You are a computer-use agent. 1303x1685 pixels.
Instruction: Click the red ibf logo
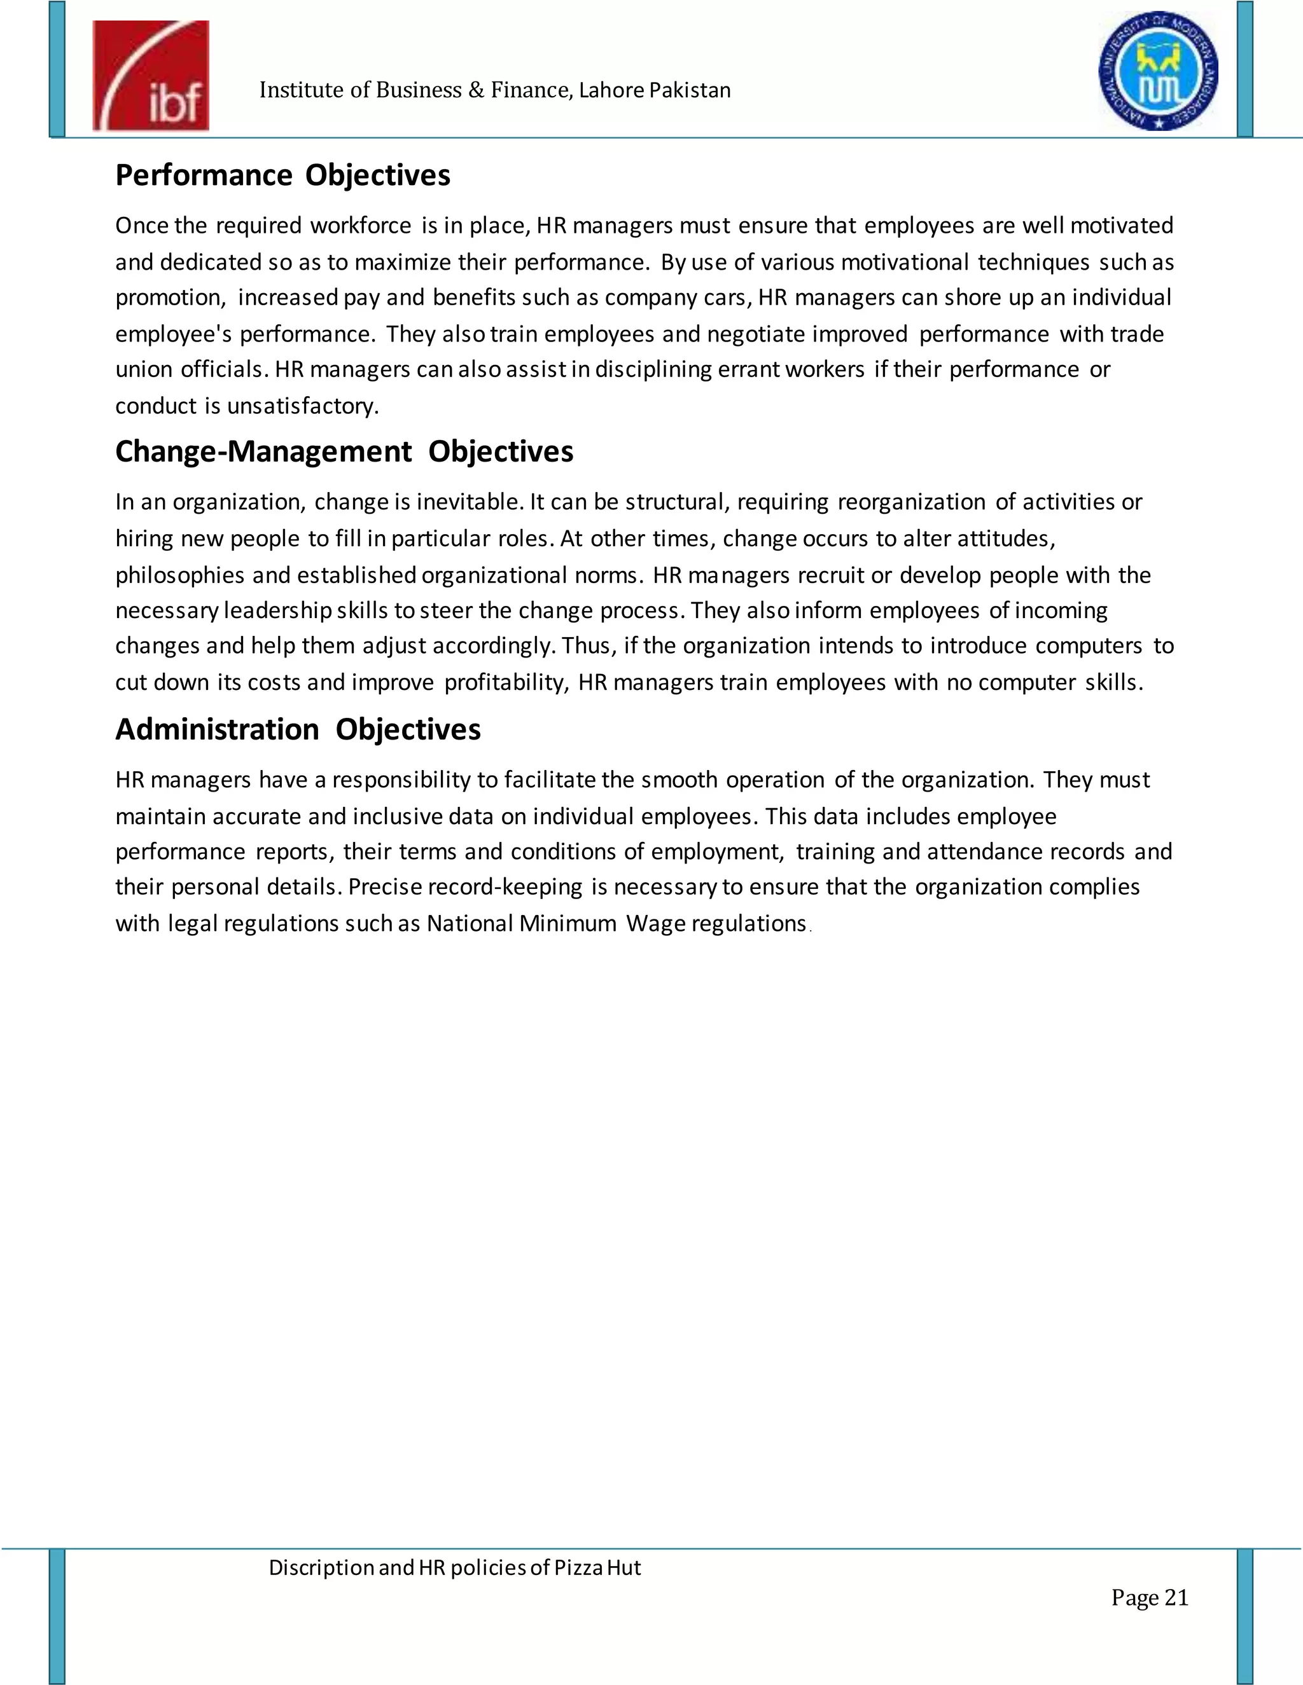151,76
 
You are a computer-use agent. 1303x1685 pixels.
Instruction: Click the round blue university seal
1158,72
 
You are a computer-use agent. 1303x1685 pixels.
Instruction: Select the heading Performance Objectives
282,175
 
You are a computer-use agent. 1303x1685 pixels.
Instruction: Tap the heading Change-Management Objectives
344,451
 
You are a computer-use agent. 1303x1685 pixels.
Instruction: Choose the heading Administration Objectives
298,729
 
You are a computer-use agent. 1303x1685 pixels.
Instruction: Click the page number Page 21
1150,1597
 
